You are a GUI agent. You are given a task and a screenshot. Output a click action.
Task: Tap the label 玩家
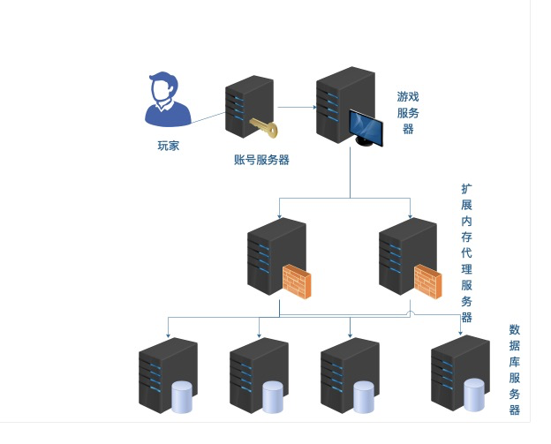168,146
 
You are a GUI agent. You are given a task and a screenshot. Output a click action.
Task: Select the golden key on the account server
263,128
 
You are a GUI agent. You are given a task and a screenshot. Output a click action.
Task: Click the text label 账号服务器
261,160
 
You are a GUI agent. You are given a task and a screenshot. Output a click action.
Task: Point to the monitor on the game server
366,129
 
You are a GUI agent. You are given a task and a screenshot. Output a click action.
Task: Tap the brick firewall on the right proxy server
427,281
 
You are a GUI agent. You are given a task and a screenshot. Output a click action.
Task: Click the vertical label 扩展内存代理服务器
466,252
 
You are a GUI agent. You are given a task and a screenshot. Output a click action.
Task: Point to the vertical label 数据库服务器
514,369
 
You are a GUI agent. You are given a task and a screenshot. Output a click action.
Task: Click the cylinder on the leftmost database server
182,397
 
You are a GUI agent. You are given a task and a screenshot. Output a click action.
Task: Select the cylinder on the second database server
273,397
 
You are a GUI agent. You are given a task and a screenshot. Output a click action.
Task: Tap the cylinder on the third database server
364,397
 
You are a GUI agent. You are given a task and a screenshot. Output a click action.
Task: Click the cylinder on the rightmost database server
474,395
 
